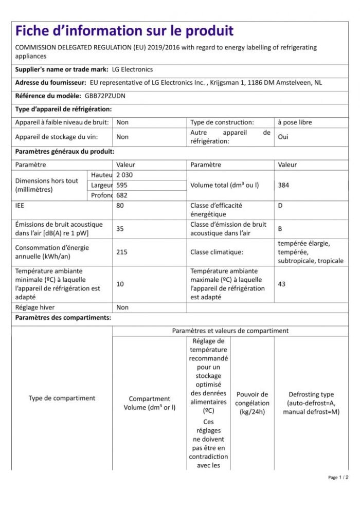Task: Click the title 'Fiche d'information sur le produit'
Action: (x=124, y=31)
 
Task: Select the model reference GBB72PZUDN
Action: (x=101, y=96)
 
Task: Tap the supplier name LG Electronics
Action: (x=132, y=69)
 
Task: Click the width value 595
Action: (x=122, y=185)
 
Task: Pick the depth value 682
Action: (x=122, y=195)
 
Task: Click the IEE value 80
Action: (x=121, y=205)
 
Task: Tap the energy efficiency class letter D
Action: (x=280, y=205)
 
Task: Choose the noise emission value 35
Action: (x=120, y=229)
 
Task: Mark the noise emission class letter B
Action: (x=280, y=229)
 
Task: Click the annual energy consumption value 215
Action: (x=122, y=252)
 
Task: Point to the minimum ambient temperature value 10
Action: (x=120, y=284)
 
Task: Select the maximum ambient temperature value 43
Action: (x=281, y=284)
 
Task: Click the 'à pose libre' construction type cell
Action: (x=295, y=122)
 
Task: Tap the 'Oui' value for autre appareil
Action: (x=283, y=137)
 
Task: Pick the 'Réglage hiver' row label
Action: (x=37, y=307)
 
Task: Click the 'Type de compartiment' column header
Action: (x=62, y=398)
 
